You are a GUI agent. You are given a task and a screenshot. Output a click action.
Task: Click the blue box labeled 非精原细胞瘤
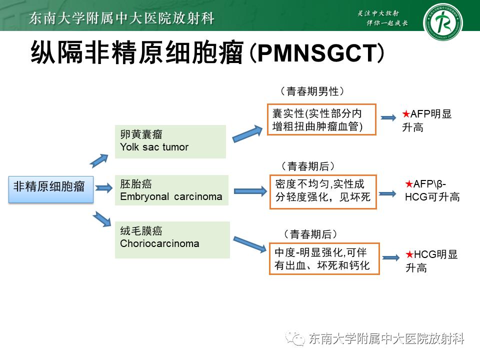(x=51, y=188)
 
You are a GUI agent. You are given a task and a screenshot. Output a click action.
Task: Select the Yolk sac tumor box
(x=170, y=141)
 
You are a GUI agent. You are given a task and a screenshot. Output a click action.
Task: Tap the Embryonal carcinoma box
(x=171, y=190)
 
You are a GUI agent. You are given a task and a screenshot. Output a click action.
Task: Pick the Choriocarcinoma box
(x=172, y=239)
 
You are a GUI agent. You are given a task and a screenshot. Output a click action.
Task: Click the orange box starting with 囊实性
(x=321, y=119)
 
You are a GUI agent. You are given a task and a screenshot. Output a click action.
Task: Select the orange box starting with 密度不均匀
(x=324, y=191)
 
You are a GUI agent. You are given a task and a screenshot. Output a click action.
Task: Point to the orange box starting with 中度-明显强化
(x=324, y=258)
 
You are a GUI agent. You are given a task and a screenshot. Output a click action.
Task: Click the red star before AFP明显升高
(x=406, y=114)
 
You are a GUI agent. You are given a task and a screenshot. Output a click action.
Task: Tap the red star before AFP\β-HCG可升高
(x=408, y=184)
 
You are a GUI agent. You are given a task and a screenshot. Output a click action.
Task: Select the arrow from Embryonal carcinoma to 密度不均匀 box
(x=251, y=190)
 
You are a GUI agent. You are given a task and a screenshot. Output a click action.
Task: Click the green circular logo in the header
(x=442, y=22)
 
